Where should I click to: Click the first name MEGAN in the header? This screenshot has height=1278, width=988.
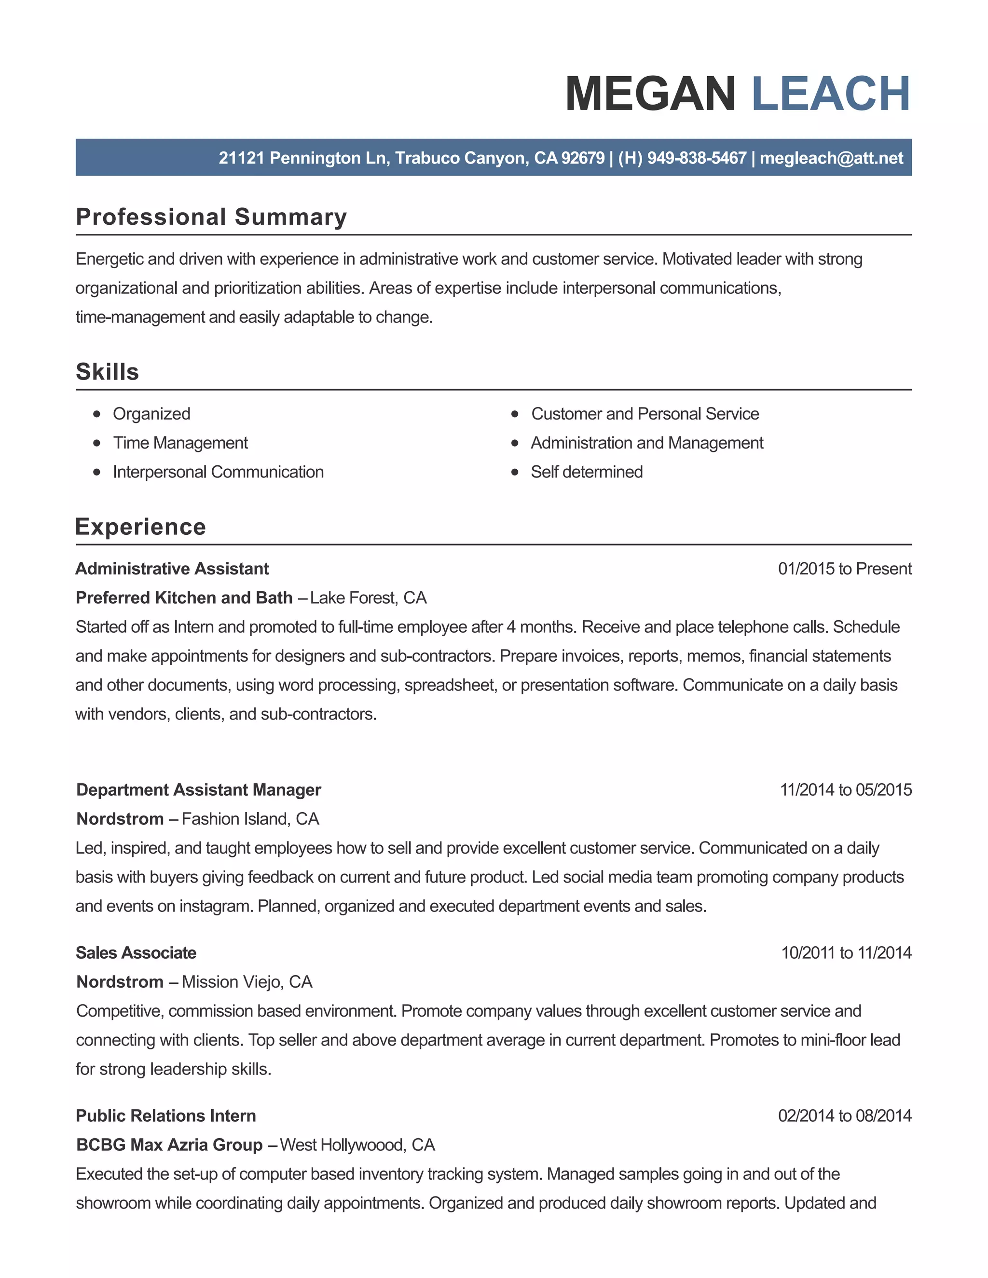coord(650,94)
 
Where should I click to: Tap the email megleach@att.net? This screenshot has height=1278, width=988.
coord(831,158)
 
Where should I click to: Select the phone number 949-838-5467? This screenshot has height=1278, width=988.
coord(697,158)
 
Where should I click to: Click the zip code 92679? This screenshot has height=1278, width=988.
coord(582,158)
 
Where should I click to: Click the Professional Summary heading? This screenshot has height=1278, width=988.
coord(211,217)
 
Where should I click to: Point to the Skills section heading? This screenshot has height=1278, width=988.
coord(108,372)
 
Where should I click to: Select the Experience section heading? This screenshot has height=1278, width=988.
coord(140,527)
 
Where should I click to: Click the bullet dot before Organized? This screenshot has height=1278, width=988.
coord(97,414)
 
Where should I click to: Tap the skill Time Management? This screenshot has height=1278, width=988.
coord(180,443)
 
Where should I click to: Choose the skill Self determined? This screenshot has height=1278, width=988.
coord(587,472)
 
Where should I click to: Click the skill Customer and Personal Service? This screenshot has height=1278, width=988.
coord(645,414)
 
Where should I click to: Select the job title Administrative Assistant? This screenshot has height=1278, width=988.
coord(172,569)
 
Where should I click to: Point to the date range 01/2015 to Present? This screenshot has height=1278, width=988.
coord(845,569)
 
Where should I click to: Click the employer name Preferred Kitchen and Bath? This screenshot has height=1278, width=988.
coord(184,598)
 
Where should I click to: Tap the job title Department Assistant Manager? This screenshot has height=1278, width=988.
coord(198,790)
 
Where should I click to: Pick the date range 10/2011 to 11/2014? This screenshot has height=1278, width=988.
coord(846,952)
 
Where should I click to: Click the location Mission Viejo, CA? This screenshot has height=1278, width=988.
coord(247,982)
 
